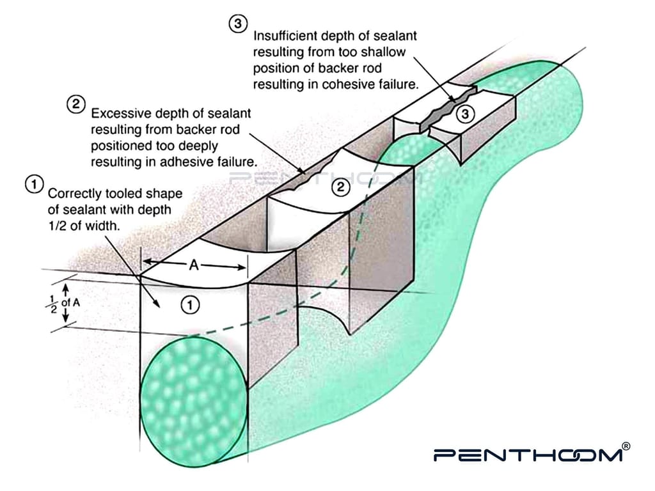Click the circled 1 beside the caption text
coord(35,184)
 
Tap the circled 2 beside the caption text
coord(76,104)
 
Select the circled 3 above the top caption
coord(238,24)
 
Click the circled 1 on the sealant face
coord(190,305)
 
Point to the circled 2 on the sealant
coord(341,187)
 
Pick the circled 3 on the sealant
coord(465,114)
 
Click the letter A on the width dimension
coord(194,265)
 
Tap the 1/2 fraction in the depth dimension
coord(53,304)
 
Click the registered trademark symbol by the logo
coord(626,446)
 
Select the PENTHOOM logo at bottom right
coord(528,455)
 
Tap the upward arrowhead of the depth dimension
coord(66,288)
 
